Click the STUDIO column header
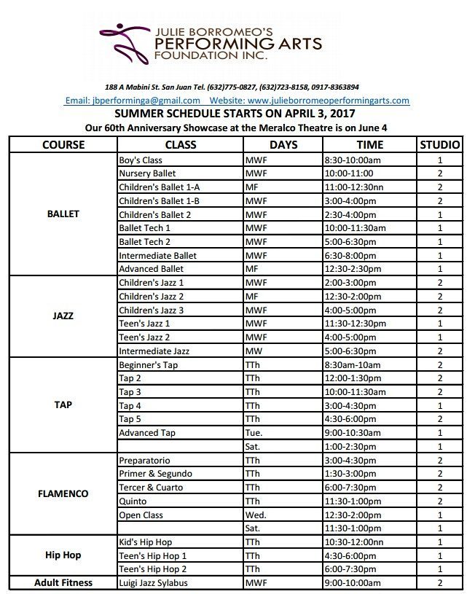click(x=440, y=144)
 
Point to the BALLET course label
click(x=63, y=214)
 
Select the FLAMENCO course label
click(x=63, y=493)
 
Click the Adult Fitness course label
click(x=63, y=583)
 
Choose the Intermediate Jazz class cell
click(x=154, y=351)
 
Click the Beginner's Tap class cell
click(x=148, y=364)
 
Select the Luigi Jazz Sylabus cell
click(x=153, y=583)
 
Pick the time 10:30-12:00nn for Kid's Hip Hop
click(x=354, y=542)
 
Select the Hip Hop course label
click(x=63, y=555)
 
